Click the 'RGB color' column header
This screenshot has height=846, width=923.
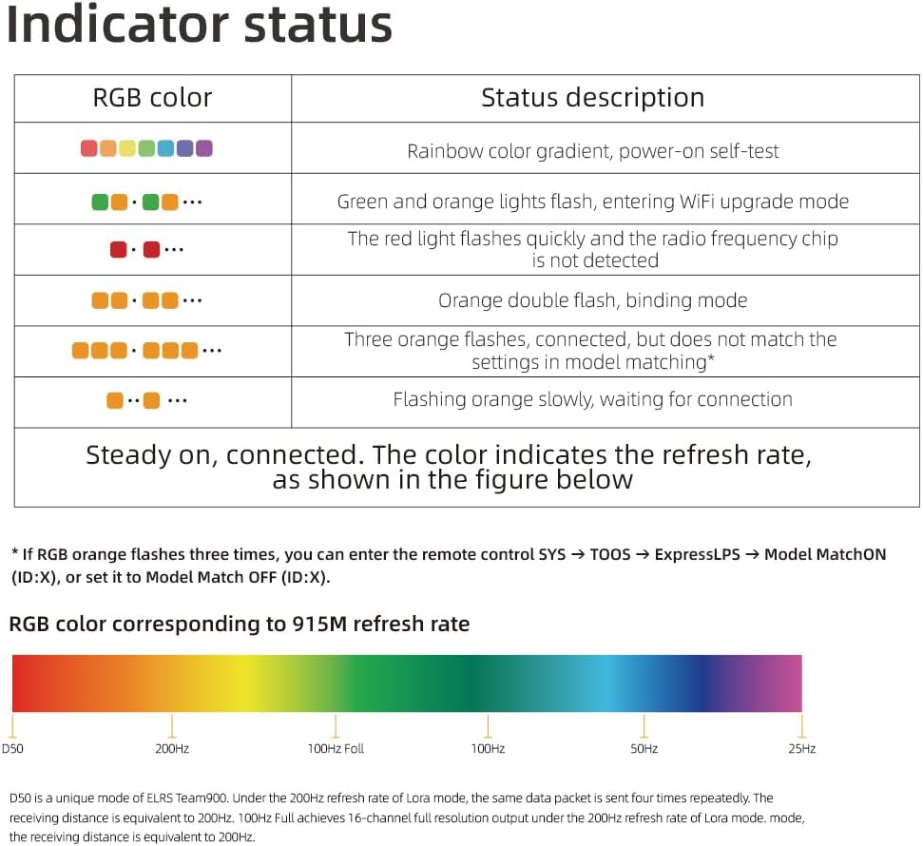pyautogui.click(x=152, y=98)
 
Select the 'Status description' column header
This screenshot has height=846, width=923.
pyautogui.click(x=593, y=98)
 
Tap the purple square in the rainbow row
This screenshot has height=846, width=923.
pyautogui.click(x=203, y=148)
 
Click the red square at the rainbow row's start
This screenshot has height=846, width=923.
pyautogui.click(x=89, y=148)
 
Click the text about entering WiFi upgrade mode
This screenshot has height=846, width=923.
pyautogui.click(x=593, y=202)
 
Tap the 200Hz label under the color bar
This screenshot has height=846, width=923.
pyautogui.click(x=172, y=749)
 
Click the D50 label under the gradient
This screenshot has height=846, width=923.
pyautogui.click(x=12, y=749)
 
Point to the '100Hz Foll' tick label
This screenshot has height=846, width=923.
pyautogui.click(x=336, y=749)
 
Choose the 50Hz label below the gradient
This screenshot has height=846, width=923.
pyautogui.click(x=644, y=749)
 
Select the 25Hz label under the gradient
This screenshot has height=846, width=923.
pyautogui.click(x=801, y=749)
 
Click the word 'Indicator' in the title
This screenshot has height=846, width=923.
pyautogui.click(x=117, y=25)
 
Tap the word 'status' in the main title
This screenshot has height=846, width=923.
pyautogui.click(x=317, y=27)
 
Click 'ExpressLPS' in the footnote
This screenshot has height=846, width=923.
pyautogui.click(x=697, y=554)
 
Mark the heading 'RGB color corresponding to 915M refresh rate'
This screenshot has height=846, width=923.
pyautogui.click(x=239, y=625)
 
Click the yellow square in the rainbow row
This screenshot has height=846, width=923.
pyautogui.click(x=127, y=148)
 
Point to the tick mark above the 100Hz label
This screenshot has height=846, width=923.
pyautogui.click(x=488, y=726)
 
